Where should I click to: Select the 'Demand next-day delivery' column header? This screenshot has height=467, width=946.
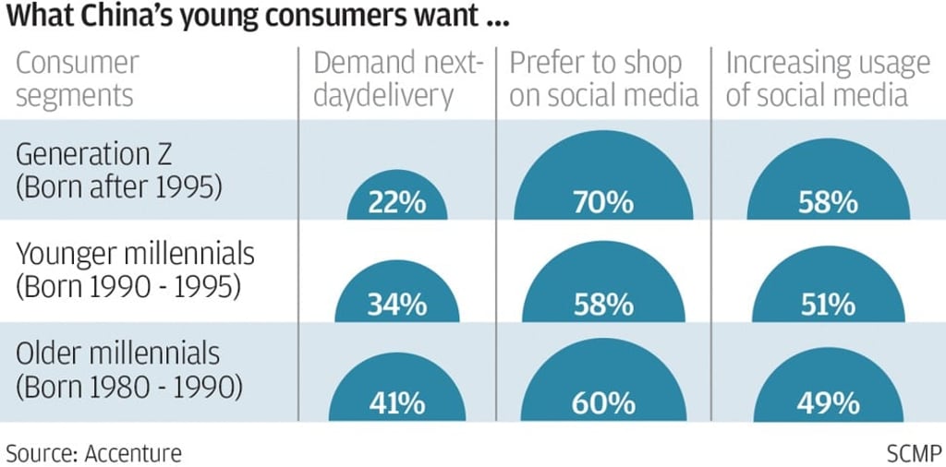399,79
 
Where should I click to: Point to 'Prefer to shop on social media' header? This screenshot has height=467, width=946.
603,79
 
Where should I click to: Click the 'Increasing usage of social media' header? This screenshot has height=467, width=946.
827,79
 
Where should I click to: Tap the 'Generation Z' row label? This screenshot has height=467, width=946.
93,152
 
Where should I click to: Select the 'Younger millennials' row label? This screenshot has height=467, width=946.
134,253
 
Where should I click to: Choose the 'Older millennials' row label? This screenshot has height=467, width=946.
118,353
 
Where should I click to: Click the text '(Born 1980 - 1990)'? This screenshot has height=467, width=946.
129,387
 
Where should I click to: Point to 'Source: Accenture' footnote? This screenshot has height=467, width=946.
94,452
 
